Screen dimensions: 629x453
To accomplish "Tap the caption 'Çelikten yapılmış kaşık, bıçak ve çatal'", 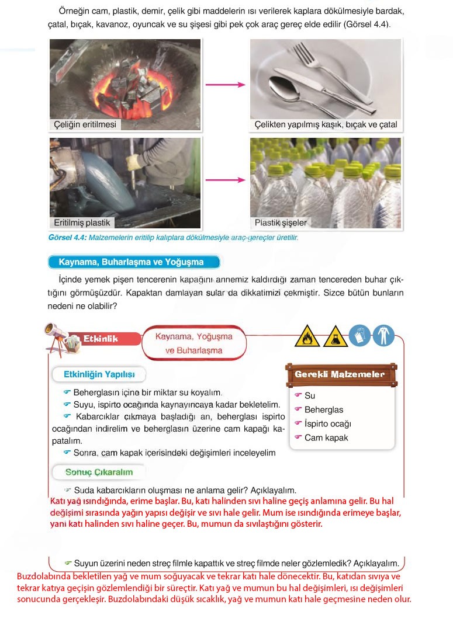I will [x=326, y=124].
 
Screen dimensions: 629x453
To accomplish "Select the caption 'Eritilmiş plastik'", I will [x=82, y=223].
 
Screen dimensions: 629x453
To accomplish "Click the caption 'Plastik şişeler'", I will [x=281, y=223].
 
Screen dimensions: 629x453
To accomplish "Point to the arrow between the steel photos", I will [x=225, y=85].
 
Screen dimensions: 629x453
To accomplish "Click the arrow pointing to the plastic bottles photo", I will [x=225, y=180].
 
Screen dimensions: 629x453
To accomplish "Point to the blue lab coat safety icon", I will [x=383, y=336].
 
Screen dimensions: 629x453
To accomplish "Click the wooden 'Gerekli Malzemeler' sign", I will [x=340, y=374].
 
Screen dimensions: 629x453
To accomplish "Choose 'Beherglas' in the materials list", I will [x=324, y=409].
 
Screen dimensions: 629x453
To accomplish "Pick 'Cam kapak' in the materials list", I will [x=326, y=437].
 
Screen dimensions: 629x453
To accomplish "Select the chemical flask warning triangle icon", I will [x=334, y=336].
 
